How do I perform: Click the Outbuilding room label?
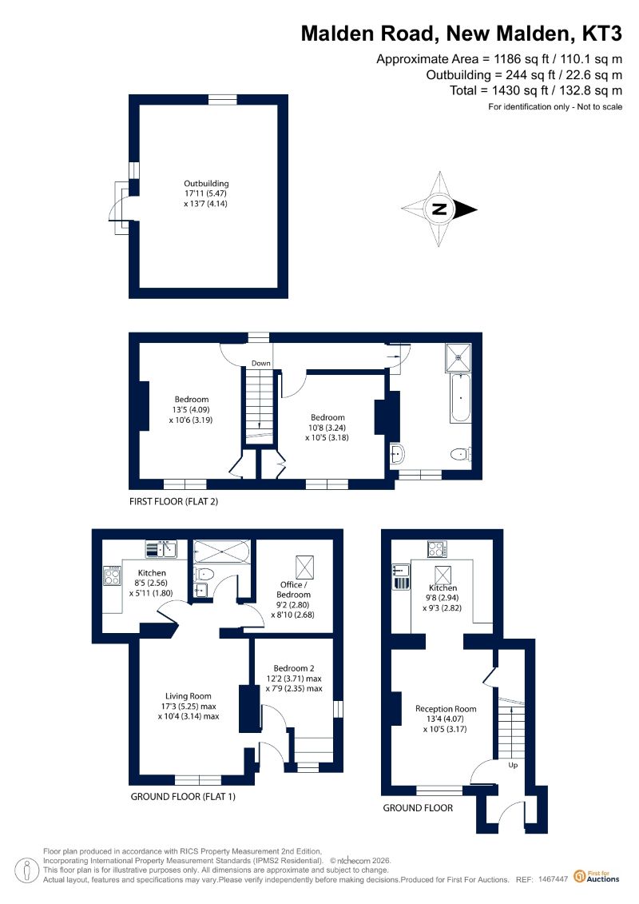(x=206, y=184)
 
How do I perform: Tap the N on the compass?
(x=439, y=209)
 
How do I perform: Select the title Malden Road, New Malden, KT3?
(x=461, y=34)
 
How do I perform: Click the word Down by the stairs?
(x=261, y=363)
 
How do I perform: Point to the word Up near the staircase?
(x=513, y=765)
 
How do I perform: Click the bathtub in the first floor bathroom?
(x=460, y=398)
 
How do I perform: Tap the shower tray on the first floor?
(x=458, y=356)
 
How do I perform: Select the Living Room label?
(x=189, y=696)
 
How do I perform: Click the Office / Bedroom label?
(x=293, y=589)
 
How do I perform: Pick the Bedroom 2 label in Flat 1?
(x=294, y=668)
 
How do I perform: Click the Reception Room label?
(x=446, y=708)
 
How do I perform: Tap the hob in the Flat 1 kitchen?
(x=113, y=575)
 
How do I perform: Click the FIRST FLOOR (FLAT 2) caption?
(x=173, y=502)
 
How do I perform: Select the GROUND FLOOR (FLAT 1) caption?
(x=183, y=797)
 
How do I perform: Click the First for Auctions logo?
(x=597, y=877)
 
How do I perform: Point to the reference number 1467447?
(x=554, y=879)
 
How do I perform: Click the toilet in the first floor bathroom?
(x=461, y=455)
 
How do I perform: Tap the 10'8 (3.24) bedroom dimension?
(x=327, y=428)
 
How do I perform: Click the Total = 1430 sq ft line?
(x=536, y=90)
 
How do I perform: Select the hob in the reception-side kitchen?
(x=438, y=548)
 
